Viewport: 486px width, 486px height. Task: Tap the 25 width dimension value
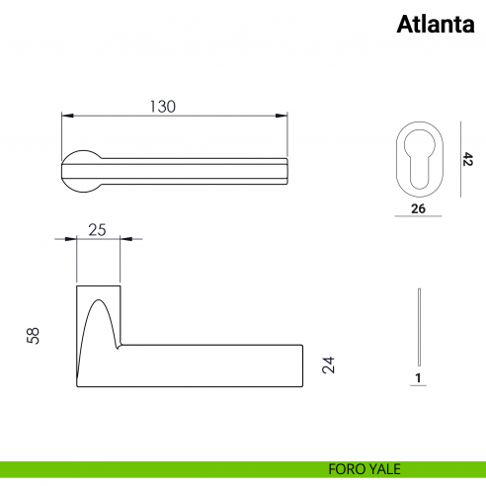click(x=98, y=230)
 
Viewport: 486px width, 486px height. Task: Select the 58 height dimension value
click(x=35, y=337)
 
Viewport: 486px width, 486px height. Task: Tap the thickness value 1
click(x=419, y=378)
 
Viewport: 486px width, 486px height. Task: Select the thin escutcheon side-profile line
click(x=420, y=326)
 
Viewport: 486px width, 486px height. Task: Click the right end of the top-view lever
click(x=286, y=171)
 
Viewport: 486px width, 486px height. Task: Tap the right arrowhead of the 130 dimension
click(x=285, y=117)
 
